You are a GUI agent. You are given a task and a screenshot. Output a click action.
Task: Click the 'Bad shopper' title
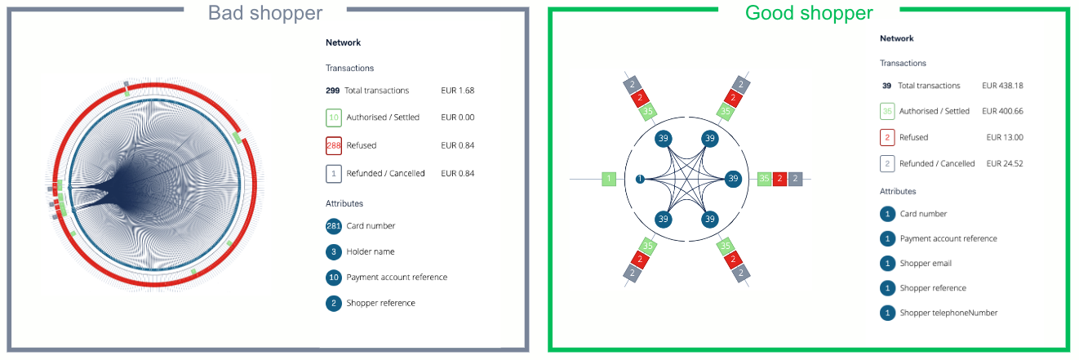[x=265, y=13]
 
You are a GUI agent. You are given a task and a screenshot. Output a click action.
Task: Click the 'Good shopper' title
[x=809, y=13]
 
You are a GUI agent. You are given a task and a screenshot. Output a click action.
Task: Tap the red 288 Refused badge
[x=334, y=145]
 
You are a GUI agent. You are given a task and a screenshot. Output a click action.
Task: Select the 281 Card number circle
[x=333, y=226]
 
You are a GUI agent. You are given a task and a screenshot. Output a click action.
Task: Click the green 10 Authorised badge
[x=333, y=118]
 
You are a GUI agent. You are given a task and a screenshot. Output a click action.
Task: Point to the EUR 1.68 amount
[x=457, y=91]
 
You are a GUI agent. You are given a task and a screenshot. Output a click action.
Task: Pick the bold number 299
[x=332, y=91]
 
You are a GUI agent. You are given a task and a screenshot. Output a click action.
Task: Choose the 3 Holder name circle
[x=333, y=251]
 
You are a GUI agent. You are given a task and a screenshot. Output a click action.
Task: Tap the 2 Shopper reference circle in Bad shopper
[x=333, y=303]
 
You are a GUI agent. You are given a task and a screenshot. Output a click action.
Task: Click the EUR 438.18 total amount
[x=1002, y=86]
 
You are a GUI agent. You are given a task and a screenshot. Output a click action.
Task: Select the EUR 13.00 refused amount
[x=1005, y=138]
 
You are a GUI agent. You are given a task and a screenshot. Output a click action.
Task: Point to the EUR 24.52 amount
[x=1005, y=163]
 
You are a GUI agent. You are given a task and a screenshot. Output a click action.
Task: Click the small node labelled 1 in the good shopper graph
[x=640, y=179]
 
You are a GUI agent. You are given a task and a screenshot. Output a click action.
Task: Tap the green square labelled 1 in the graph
[x=609, y=179]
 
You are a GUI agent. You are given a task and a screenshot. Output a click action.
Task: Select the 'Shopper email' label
[x=926, y=263]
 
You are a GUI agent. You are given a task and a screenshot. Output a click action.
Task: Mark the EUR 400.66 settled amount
[x=1002, y=112]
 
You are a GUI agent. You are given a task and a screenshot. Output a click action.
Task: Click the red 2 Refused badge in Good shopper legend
[x=887, y=138]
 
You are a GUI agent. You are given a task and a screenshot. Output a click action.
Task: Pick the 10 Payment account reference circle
[x=333, y=278]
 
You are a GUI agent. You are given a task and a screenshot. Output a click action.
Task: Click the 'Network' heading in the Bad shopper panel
[x=343, y=42]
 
